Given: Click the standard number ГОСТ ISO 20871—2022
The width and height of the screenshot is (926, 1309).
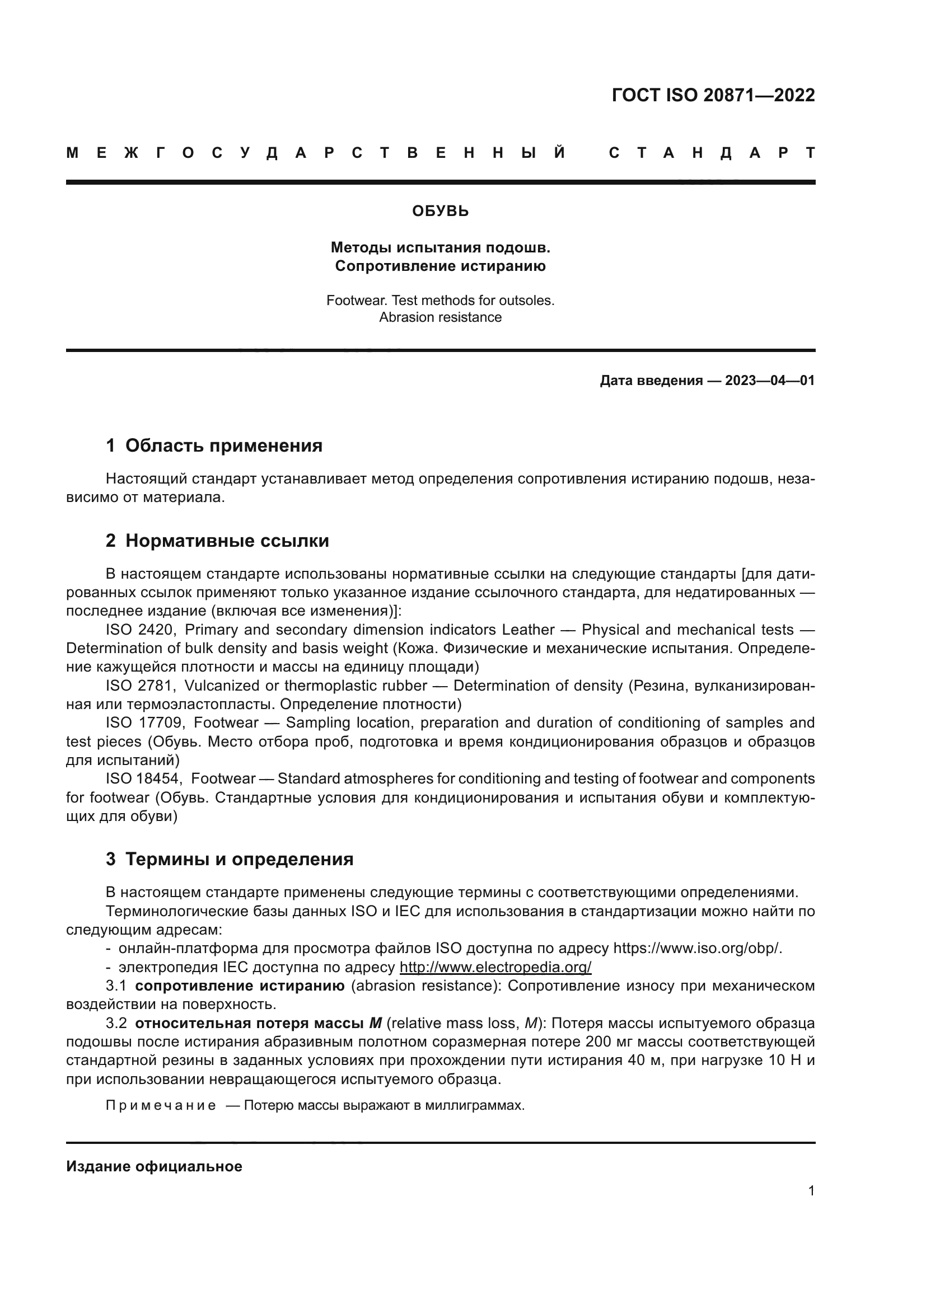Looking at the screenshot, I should pos(713,95).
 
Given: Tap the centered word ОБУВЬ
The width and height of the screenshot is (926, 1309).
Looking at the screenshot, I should pos(440,212).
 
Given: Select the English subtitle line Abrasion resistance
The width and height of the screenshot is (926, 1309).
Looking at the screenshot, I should pos(440,317).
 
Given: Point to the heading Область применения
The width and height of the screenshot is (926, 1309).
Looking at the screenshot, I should pos(223,446).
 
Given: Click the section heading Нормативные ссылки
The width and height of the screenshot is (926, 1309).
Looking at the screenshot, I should pos(227,541).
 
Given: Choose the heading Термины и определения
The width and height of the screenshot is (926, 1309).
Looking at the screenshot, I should pos(239,859).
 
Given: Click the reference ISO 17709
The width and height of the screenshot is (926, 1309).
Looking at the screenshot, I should pos(144,723).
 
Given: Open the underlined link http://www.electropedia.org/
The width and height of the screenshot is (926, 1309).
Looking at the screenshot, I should pos(495,968).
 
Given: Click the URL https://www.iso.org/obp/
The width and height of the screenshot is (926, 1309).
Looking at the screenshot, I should pos(697,949).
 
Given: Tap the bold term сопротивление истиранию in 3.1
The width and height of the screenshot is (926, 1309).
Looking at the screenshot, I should pos(240,986).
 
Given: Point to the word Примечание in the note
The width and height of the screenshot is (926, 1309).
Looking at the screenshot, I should pos(161,1105).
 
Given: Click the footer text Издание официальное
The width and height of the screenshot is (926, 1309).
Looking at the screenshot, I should pos(154,1166).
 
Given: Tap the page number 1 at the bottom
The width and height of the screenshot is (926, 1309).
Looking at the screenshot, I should pos(811,1190).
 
